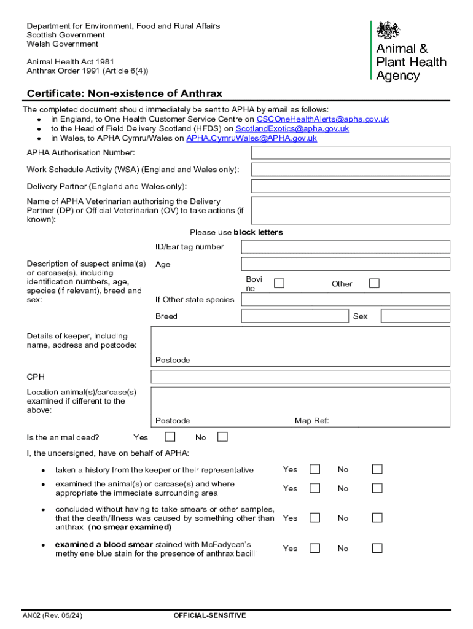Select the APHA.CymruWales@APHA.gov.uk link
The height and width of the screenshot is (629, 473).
click(251, 138)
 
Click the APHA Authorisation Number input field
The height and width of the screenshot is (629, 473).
click(351, 152)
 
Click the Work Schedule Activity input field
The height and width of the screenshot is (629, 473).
click(351, 170)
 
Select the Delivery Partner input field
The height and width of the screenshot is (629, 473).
click(351, 186)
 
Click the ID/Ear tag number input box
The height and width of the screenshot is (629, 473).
click(345, 247)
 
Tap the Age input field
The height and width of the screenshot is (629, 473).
click(345, 264)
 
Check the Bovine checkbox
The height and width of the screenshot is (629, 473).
click(279, 283)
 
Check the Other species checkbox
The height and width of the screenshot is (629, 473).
click(374, 283)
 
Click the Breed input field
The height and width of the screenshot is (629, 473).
click(295, 316)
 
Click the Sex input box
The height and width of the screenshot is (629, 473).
click(415, 316)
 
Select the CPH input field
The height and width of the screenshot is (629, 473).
click(300, 377)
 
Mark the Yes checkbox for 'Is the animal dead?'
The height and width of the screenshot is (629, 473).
click(170, 437)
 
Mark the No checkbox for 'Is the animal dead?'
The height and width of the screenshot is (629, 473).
click(222, 437)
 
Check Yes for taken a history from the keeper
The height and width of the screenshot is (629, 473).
click(315, 469)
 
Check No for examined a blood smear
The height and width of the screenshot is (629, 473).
click(377, 548)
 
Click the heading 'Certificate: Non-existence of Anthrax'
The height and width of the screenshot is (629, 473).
click(125, 93)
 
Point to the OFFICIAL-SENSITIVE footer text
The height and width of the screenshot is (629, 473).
click(209, 615)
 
